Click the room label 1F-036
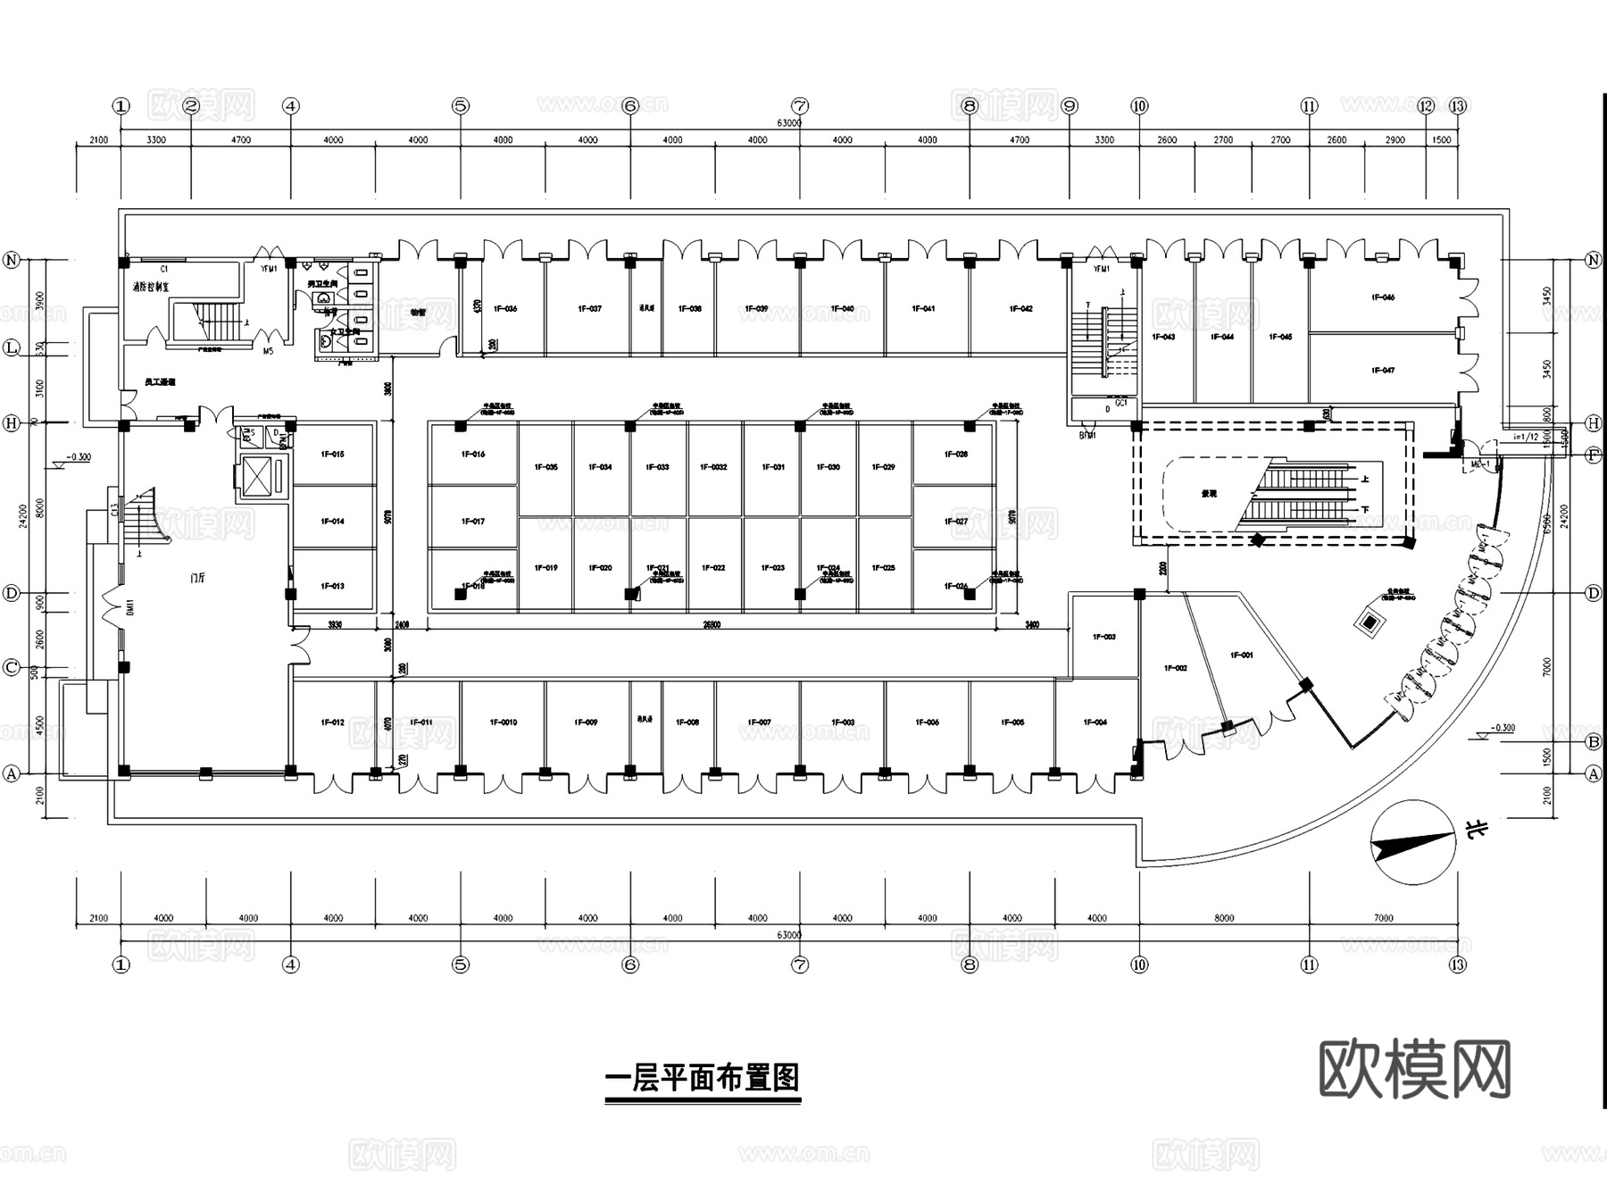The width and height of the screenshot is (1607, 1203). [505, 309]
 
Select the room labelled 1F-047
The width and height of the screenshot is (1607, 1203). [1382, 370]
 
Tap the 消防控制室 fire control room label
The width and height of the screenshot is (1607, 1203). [151, 288]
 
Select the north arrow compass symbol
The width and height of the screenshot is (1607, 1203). [1414, 842]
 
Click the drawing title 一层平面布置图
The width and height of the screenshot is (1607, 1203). [703, 1078]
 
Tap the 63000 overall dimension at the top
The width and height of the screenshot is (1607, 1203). [789, 123]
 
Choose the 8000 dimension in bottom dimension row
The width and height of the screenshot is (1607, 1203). [1224, 918]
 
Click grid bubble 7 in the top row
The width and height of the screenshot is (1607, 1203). [800, 106]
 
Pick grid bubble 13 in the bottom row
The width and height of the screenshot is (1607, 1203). [1458, 965]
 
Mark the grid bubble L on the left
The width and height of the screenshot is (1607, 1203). [12, 348]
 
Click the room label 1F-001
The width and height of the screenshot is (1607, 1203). [1241, 656]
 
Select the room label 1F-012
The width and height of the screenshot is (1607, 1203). [332, 723]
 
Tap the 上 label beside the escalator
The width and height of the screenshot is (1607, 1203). [1365, 480]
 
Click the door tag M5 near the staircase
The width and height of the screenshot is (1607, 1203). [268, 352]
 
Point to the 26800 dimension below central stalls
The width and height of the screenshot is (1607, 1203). [712, 625]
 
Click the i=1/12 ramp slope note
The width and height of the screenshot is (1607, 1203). [1527, 438]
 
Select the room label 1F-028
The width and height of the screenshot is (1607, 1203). [955, 455]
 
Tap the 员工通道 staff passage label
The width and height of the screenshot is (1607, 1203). [160, 382]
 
